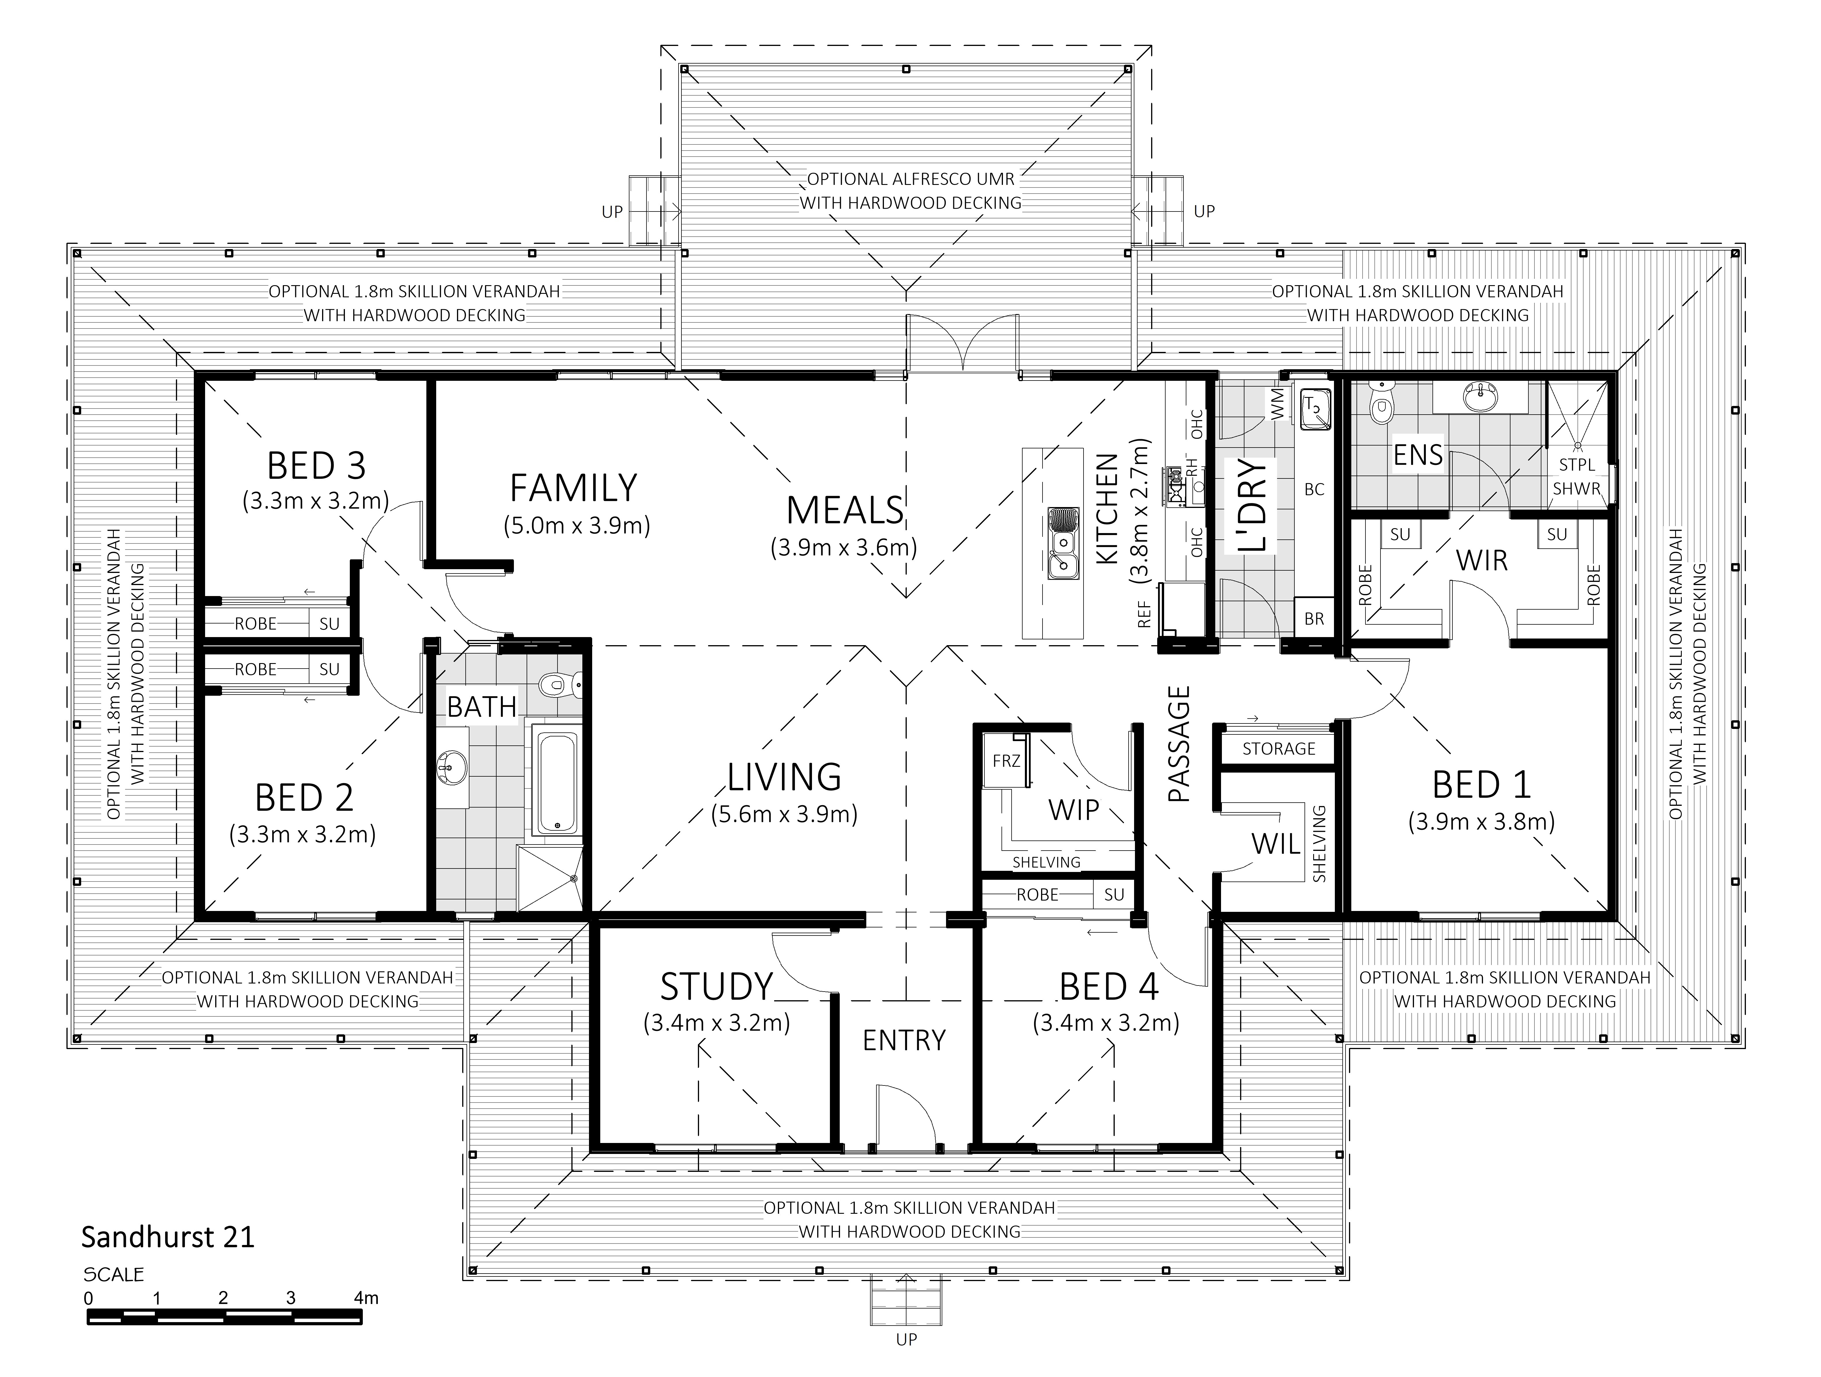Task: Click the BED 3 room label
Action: tap(316, 466)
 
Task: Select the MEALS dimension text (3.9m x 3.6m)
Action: tap(844, 548)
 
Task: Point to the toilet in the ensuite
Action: tap(1380, 404)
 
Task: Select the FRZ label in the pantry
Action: tap(1006, 761)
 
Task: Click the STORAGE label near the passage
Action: tap(1279, 749)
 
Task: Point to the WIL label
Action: tap(1276, 844)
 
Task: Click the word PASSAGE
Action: tap(1180, 744)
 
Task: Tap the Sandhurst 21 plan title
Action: tap(168, 1237)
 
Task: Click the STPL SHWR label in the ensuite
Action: tap(1577, 477)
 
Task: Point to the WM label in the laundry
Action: tap(1279, 404)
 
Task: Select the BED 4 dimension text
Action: tap(1105, 1023)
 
